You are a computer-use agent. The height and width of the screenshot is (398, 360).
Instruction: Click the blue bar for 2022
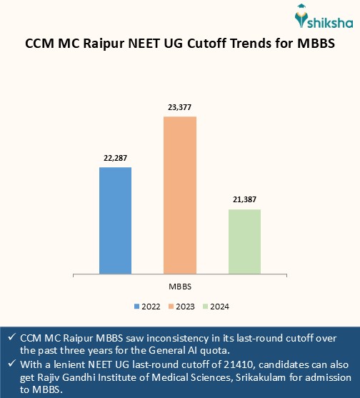tap(115, 220)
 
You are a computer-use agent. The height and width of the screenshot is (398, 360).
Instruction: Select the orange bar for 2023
tap(180, 194)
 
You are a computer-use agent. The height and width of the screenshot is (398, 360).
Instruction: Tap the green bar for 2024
tap(244, 241)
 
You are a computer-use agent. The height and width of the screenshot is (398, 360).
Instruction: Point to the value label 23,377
tap(180, 107)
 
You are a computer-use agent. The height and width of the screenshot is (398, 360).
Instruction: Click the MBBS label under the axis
tap(180, 286)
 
